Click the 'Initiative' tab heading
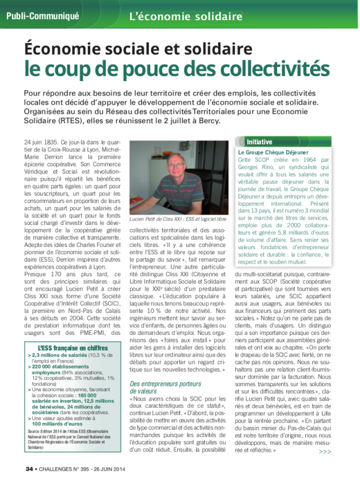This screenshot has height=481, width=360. [x=259, y=142]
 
